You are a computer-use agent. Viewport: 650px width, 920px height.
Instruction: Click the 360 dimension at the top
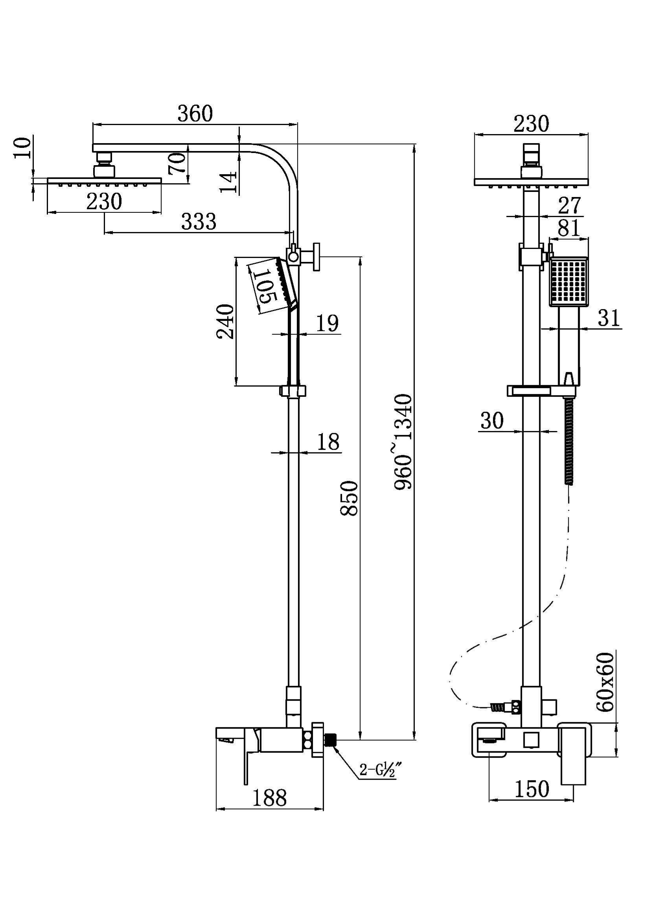(195, 114)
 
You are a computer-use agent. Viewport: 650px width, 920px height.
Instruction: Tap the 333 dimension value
(199, 221)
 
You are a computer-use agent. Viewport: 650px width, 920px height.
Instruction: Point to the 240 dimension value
(225, 321)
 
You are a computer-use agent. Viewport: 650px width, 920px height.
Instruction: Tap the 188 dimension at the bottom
(269, 797)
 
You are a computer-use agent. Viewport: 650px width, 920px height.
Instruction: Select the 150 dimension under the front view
(532, 789)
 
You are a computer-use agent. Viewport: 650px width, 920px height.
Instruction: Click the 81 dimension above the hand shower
(569, 229)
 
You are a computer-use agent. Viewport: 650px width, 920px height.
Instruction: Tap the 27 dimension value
(569, 206)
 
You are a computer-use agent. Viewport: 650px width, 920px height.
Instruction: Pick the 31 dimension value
(609, 319)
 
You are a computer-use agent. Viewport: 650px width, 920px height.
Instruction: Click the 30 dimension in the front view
(492, 421)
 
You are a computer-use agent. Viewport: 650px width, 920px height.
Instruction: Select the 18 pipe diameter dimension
(328, 442)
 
